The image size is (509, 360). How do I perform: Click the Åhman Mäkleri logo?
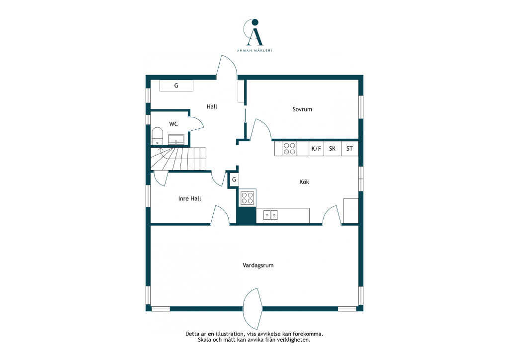click(x=254, y=35)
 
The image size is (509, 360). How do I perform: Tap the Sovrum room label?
click(x=302, y=109)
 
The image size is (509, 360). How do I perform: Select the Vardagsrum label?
click(x=258, y=266)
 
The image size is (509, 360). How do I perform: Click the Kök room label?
click(x=304, y=182)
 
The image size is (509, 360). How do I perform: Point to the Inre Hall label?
click(x=189, y=199)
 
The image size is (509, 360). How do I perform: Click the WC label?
click(x=173, y=124)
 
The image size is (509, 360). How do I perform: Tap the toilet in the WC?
click(x=158, y=136)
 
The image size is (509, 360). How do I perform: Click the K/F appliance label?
click(x=316, y=149)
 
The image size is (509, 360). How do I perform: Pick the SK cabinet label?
click(x=332, y=149)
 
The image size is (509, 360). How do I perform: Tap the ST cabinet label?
click(x=349, y=149)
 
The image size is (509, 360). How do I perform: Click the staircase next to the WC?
click(x=178, y=159)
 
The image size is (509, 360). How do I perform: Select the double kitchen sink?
click(x=270, y=215)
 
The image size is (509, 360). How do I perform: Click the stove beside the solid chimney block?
click(x=248, y=198)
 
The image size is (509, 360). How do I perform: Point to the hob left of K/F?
click(x=290, y=149)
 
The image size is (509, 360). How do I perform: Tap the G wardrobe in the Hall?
click(x=176, y=86)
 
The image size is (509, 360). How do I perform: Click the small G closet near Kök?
click(x=234, y=180)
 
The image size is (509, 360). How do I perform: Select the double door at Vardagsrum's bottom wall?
click(x=253, y=309)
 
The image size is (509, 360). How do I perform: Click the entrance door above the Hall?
click(x=227, y=67)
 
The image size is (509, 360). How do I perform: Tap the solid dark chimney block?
click(x=247, y=215)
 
